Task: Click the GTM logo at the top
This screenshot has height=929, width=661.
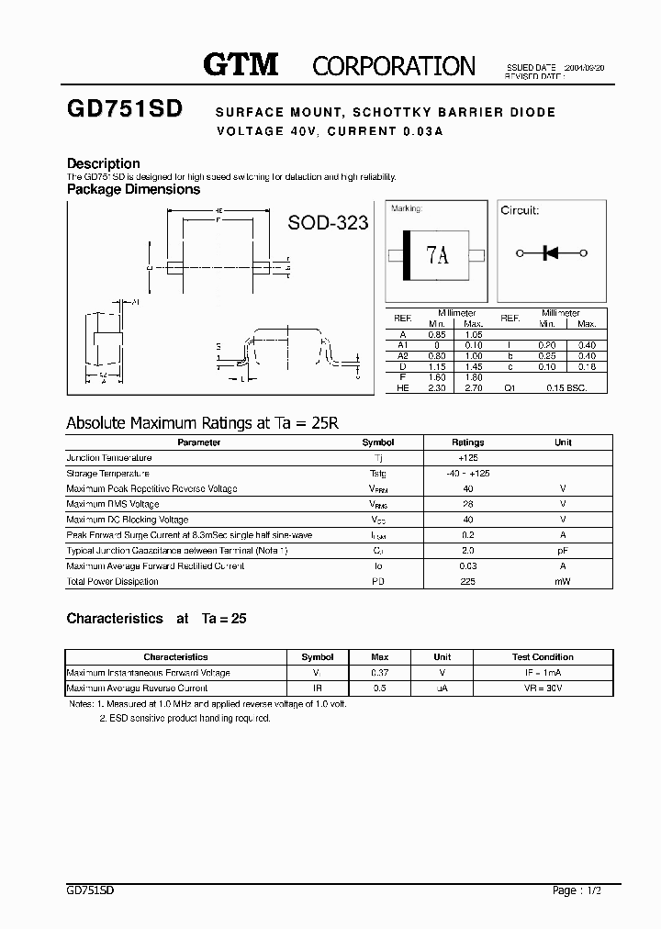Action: (241, 64)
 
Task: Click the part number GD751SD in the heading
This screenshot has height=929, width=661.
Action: (125, 109)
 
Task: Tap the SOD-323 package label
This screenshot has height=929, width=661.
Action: (329, 222)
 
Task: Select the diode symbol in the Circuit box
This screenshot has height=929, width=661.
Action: (551, 252)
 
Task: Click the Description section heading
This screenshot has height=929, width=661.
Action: (104, 163)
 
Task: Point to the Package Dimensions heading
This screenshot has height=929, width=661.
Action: (133, 189)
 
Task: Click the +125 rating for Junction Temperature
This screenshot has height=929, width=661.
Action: (468, 457)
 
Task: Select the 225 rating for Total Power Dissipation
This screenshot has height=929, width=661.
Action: (468, 581)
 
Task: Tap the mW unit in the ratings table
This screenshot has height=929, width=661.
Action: (563, 581)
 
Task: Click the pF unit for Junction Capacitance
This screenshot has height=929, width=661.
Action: (563, 550)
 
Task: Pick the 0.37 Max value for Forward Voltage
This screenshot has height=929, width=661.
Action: (379, 673)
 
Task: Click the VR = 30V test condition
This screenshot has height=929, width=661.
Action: (542, 688)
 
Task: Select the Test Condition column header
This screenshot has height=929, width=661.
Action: (542, 657)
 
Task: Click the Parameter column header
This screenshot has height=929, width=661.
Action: (199, 442)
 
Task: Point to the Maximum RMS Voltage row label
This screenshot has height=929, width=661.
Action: (113, 504)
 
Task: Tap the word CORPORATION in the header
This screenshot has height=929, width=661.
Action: (394, 66)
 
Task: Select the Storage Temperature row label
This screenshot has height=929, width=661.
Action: (108, 473)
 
